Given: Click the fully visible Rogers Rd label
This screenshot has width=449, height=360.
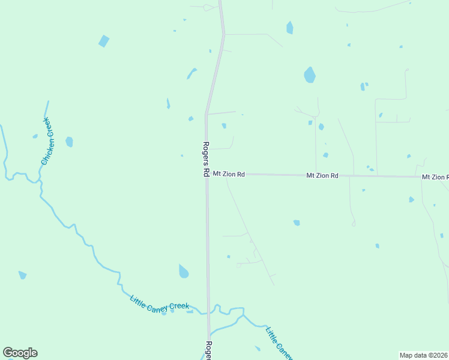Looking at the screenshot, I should [x=205, y=158].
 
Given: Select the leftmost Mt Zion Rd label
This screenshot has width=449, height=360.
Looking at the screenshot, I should [x=229, y=175].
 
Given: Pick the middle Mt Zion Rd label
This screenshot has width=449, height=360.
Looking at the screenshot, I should [x=322, y=176].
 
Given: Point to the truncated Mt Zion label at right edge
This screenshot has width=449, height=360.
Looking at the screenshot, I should [x=435, y=177].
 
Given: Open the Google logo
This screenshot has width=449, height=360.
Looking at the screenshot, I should [x=20, y=353].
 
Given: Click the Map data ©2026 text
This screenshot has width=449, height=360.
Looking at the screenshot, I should [x=423, y=355].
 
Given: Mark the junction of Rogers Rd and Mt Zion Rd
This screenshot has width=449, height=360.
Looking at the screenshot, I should [x=206, y=175].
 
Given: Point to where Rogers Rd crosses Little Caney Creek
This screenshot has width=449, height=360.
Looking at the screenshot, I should [x=209, y=312].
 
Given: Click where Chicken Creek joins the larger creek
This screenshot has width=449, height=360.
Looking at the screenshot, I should [x=39, y=178].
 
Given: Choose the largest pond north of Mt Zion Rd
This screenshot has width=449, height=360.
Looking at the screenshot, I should [x=310, y=75].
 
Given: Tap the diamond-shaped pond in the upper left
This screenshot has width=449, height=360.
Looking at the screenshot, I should [x=104, y=41].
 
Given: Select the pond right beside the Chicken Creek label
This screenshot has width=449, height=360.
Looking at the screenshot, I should [x=69, y=142].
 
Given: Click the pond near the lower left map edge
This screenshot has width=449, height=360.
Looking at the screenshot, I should [x=22, y=275].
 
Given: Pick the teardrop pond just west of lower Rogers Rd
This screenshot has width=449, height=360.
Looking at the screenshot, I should [x=183, y=272].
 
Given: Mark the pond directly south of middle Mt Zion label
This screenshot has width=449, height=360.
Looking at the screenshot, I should [x=297, y=223].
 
